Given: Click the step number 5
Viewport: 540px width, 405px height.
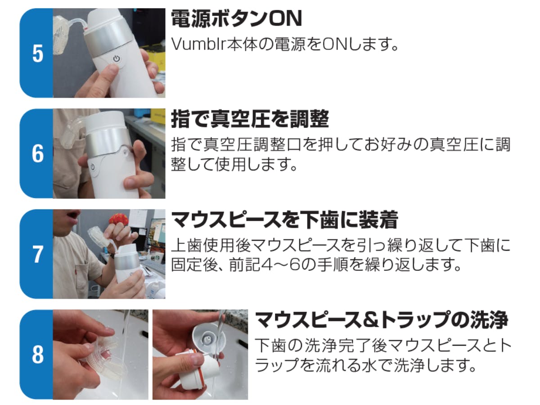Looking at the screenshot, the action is point(38,54).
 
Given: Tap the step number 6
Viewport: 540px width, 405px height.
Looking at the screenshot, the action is point(38,154).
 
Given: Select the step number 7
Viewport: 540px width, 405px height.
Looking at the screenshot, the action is point(38,254).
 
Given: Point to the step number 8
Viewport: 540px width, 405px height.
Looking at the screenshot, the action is point(38,355).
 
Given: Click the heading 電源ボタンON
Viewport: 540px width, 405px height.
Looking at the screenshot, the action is point(236,18).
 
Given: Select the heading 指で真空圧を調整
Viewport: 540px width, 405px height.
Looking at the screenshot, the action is point(250,119).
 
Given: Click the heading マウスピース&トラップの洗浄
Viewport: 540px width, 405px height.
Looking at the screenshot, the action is point(382,320).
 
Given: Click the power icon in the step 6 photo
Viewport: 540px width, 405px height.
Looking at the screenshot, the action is point(93,167).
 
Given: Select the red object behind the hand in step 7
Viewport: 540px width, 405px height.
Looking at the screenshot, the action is point(119,220).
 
